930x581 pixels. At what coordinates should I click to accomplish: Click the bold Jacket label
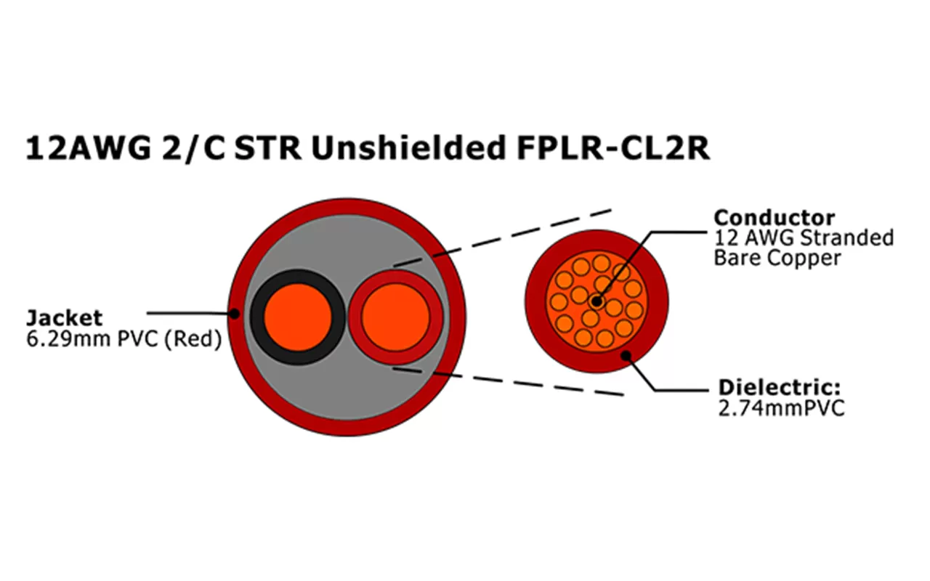pyautogui.click(x=64, y=318)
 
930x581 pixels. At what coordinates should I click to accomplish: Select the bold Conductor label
pyautogui.click(x=774, y=217)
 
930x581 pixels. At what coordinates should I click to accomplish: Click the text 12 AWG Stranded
pyautogui.click(x=804, y=237)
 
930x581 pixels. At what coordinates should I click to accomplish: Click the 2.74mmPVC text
pyautogui.click(x=780, y=408)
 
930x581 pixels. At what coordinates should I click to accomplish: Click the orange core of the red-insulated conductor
pyautogui.click(x=395, y=317)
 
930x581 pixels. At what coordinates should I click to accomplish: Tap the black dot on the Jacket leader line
pyautogui.click(x=235, y=314)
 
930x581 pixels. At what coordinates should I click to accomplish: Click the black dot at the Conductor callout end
pyautogui.click(x=597, y=300)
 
